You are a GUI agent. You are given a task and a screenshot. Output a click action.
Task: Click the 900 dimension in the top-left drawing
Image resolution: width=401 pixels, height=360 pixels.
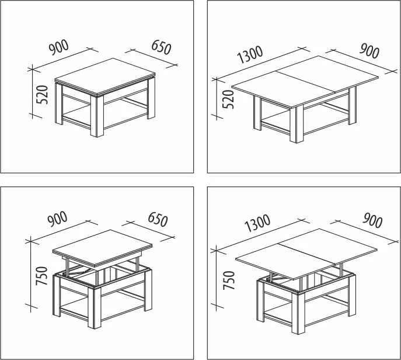pyautogui.click(x=59, y=47)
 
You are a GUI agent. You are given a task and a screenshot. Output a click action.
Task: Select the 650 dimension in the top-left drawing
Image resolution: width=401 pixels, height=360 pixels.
pyautogui.click(x=161, y=47)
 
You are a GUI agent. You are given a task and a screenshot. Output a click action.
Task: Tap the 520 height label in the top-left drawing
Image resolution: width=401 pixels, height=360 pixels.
pyautogui.click(x=42, y=95)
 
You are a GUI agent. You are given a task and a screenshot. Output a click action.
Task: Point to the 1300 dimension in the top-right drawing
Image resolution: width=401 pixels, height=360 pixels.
pyautogui.click(x=250, y=54)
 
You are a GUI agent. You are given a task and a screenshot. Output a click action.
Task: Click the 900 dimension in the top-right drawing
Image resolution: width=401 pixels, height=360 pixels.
pyautogui.click(x=369, y=51)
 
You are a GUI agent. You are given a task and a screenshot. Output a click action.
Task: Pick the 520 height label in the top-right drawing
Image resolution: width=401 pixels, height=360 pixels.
pyautogui.click(x=228, y=99)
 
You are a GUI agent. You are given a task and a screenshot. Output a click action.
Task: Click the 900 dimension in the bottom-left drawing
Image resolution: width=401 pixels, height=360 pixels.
pyautogui.click(x=58, y=219)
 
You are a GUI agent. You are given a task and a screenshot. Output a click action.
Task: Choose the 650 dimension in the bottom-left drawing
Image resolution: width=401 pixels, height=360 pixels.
pyautogui.click(x=158, y=219)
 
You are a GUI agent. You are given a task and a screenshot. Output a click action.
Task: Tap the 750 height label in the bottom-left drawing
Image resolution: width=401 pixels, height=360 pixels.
pyautogui.click(x=41, y=276)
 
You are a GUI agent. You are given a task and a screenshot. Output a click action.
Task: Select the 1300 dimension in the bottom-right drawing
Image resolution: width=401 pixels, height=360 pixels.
pyautogui.click(x=257, y=223)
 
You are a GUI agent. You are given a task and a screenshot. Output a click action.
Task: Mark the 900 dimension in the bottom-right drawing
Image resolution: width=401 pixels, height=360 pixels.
pyautogui.click(x=372, y=220)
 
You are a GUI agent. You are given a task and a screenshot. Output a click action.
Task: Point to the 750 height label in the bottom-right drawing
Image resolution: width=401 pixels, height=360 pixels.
pyautogui.click(x=229, y=281)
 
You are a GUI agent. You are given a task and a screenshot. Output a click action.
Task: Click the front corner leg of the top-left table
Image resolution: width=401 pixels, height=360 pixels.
pyautogui.click(x=97, y=116)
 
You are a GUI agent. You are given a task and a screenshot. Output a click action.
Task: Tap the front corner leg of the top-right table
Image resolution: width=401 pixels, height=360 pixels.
pyautogui.click(x=297, y=124)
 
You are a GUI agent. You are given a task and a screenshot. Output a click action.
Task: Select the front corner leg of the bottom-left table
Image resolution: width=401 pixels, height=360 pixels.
pyautogui.click(x=95, y=307)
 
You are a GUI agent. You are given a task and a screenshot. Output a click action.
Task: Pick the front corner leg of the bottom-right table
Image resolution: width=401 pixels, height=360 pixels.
pyautogui.click(x=298, y=313)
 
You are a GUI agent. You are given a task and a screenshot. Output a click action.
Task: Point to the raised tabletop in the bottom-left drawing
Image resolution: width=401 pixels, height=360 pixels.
pyautogui.click(x=102, y=248)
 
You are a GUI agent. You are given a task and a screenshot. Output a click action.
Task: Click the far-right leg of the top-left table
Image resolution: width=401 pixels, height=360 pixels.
pyautogui.click(x=151, y=98)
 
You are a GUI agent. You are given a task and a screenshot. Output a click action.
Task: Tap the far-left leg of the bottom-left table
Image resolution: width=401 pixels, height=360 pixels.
pyautogui.click(x=56, y=296)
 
